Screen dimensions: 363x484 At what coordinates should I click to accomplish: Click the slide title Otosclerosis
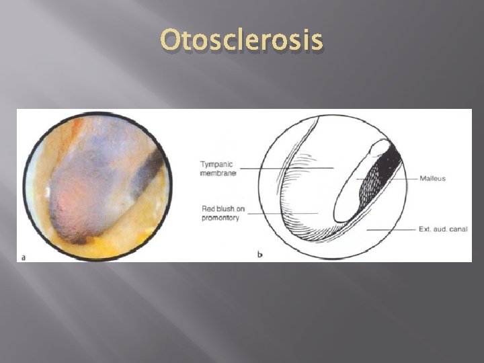point(242,42)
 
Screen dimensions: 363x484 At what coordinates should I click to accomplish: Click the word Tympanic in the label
point(217,163)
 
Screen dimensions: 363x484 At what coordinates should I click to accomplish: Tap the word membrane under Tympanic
point(218,173)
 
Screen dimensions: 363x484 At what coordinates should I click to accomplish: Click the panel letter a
point(24,256)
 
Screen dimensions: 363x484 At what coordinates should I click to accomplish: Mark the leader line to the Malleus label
point(403,178)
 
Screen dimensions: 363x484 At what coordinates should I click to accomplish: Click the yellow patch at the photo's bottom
point(118,249)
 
